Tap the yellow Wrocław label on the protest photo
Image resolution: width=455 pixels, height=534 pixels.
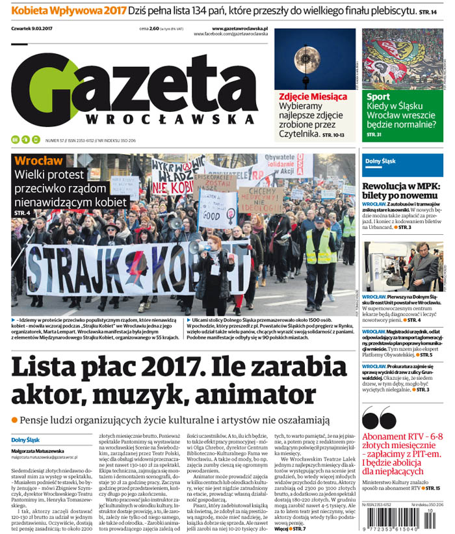pyautogui.click(x=38, y=161)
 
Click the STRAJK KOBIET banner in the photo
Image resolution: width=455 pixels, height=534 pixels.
pyautogui.click(x=136, y=267)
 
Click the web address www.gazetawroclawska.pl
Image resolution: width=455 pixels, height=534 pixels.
pyautogui.click(x=240, y=29)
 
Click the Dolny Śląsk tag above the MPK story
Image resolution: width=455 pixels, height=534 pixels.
pyautogui.click(x=379, y=161)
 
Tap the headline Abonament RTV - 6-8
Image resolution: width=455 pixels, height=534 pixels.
pyautogui.click(x=402, y=436)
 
